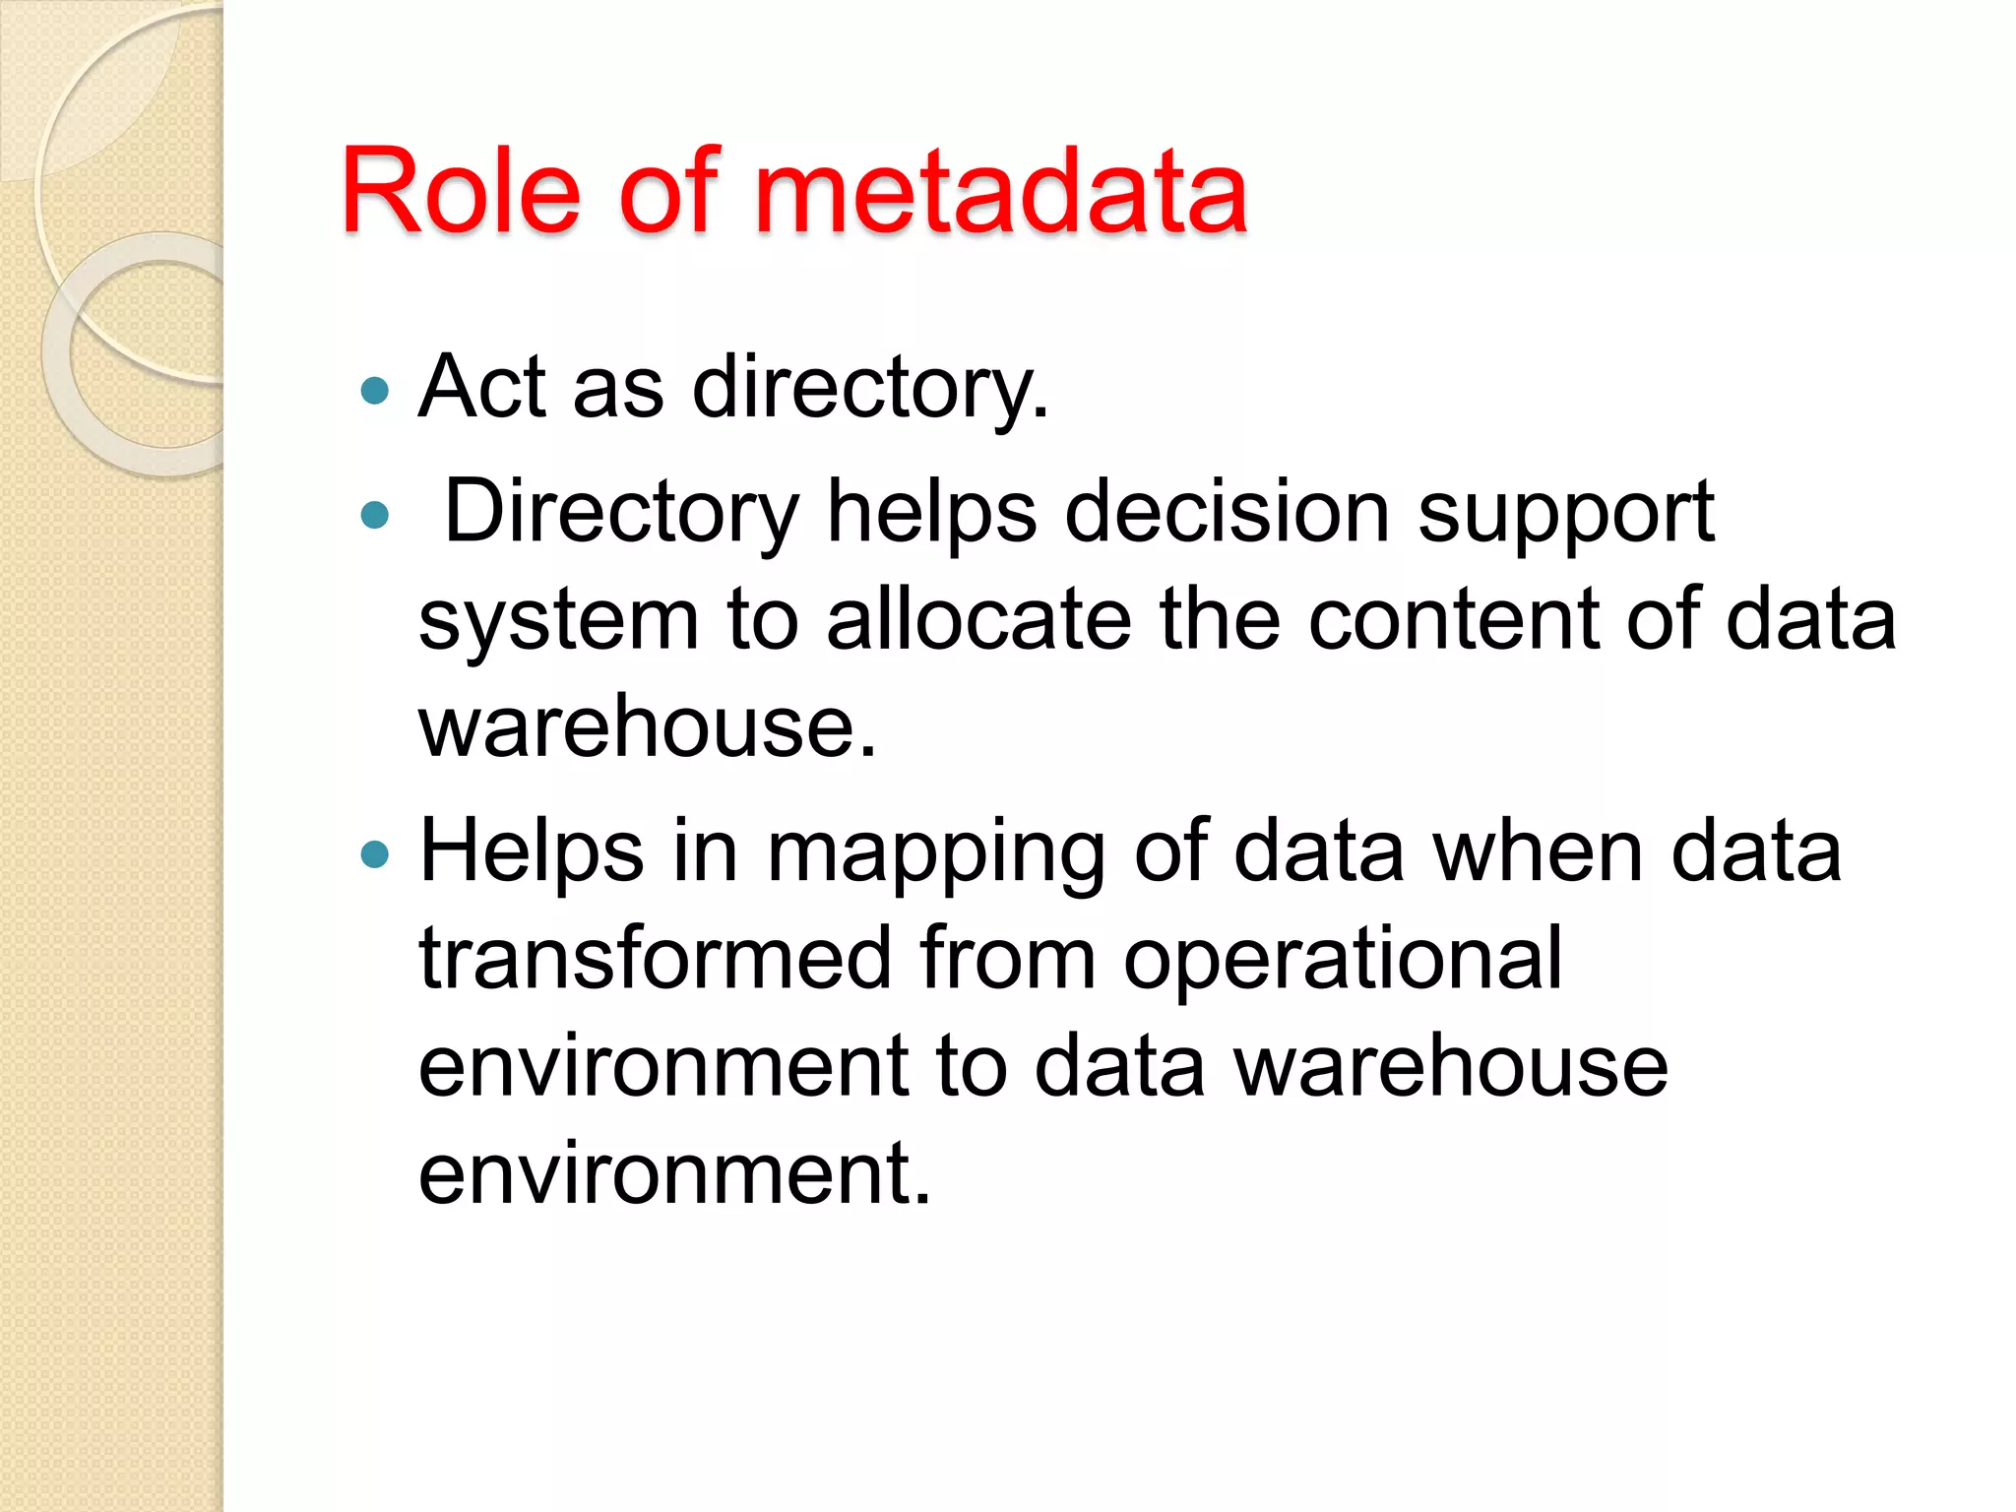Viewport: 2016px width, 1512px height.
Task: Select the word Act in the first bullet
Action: pos(481,387)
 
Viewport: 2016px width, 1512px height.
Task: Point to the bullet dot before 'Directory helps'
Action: pos(375,515)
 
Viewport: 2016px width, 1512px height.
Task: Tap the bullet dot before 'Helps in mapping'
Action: pos(375,853)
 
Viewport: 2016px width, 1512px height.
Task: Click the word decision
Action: pos(1227,513)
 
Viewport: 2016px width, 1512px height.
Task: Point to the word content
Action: pos(1454,619)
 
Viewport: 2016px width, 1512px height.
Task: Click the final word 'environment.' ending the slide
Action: pos(674,1172)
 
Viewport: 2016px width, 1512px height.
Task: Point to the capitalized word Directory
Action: pos(622,513)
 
